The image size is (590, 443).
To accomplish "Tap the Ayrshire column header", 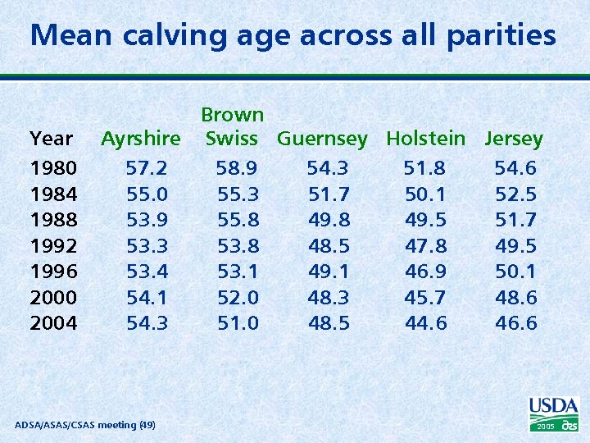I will [140, 139].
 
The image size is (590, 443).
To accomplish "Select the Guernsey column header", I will [322, 139].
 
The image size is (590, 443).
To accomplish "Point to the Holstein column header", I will [425, 139].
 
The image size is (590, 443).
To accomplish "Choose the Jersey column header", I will [514, 139].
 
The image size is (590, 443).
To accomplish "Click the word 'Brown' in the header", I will [233, 115].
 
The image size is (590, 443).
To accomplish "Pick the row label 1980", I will [53, 169].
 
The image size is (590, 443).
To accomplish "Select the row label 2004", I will [53, 323].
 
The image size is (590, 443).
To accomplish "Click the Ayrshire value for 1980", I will [147, 169].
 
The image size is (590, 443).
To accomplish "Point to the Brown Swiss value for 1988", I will [237, 220].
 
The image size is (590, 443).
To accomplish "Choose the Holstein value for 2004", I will [425, 323].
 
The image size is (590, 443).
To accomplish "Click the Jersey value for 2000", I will [515, 297].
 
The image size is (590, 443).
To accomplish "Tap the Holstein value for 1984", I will [425, 194].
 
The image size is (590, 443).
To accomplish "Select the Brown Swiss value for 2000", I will [237, 297].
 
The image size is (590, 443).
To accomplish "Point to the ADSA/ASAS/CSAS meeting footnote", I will [86, 424].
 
